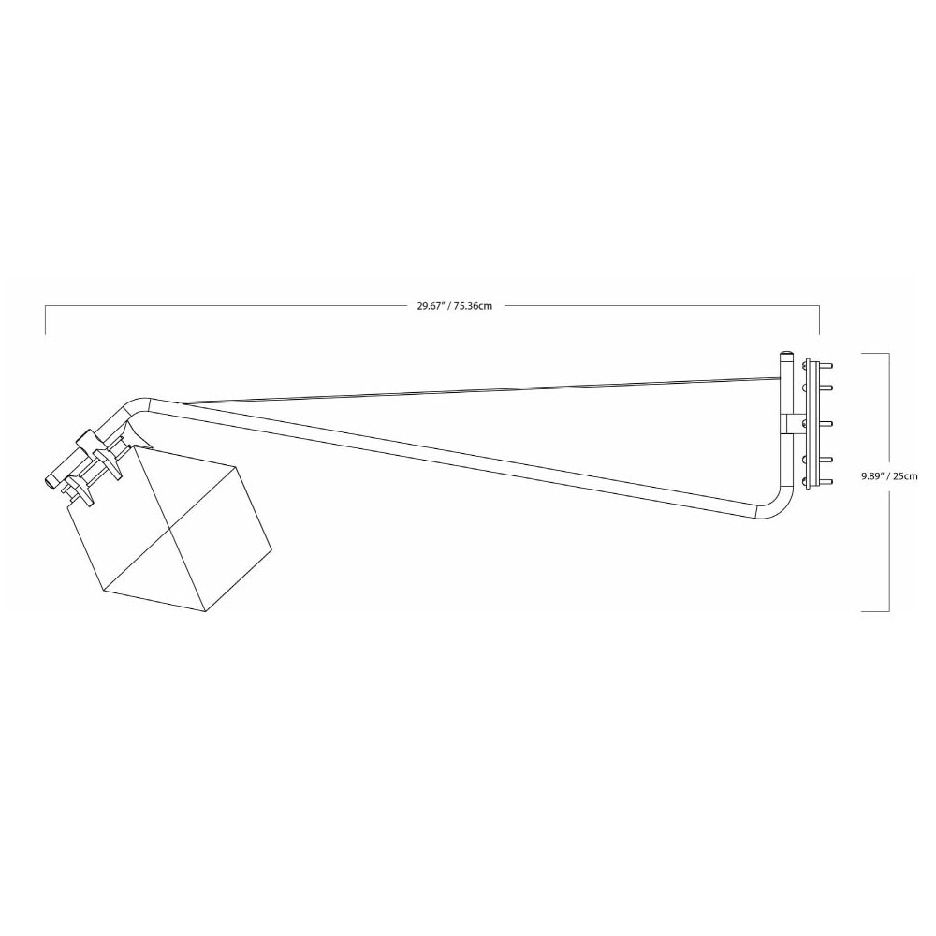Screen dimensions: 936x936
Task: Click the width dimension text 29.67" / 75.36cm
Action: (455, 306)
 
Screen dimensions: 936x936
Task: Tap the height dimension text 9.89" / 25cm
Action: (889, 475)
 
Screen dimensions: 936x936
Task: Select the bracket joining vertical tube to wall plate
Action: (796, 424)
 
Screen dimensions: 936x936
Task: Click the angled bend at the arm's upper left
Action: (136, 408)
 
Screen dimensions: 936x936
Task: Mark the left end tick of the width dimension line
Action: (46, 320)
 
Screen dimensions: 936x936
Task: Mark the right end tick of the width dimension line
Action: (820, 320)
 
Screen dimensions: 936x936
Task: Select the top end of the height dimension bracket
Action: (874, 353)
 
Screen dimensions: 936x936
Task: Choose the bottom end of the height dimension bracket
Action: (874, 611)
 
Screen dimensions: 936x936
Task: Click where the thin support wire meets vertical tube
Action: (780, 378)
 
